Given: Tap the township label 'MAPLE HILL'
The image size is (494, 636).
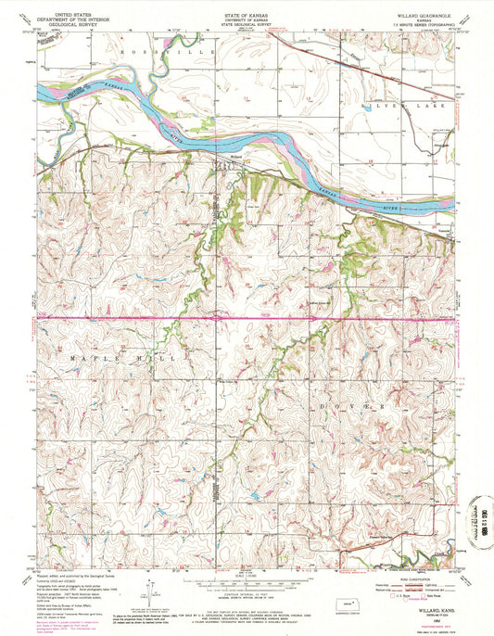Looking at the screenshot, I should [x=127, y=354].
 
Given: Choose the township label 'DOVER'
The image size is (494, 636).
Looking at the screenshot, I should [x=356, y=406].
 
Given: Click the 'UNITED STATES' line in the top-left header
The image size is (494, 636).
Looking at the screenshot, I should [x=69, y=15].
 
